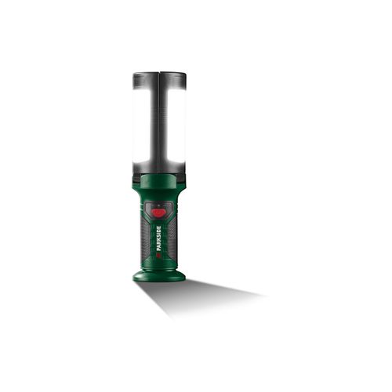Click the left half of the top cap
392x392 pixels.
(145, 79)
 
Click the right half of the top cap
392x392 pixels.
(174, 79)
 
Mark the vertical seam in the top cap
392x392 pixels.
(160, 79)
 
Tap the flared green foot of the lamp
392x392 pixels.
(160, 274)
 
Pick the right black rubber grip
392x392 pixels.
(174, 235)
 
